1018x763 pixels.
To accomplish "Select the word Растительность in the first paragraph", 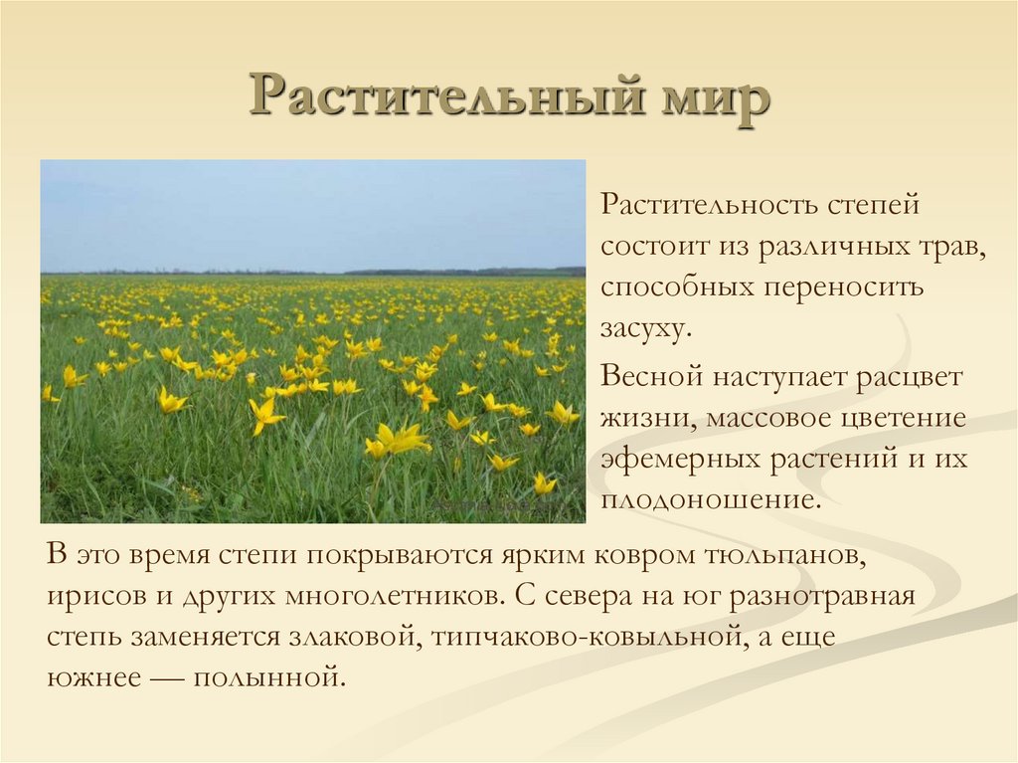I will pos(709,207).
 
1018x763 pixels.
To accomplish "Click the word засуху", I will pos(644,328).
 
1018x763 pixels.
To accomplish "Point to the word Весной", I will pos(649,378).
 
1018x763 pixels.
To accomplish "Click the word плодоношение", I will pos(711,499).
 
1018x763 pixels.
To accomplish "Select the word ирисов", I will pos(88,597).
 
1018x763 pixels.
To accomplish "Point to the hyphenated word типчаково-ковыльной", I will pos(587,638).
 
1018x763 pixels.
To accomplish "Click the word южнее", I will pos(89,678).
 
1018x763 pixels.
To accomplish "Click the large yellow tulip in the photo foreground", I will pos(398,440).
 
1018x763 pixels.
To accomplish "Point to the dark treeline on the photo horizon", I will pos(467,271).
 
